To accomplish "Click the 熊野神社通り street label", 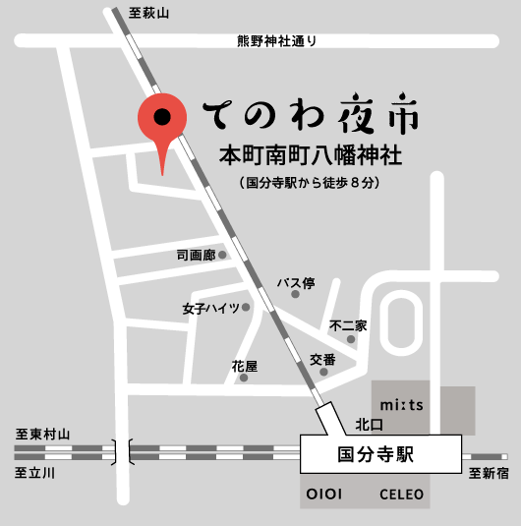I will click(277, 41).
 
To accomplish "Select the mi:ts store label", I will click(401, 404).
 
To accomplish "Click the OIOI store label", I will click(324, 494).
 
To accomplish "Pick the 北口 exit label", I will click(369, 425).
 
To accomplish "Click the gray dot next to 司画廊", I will click(223, 255).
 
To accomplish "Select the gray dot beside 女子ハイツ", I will click(247, 308).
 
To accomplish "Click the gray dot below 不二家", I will click(351, 339).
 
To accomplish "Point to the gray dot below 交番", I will click(325, 374).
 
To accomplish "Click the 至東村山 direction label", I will click(44, 434).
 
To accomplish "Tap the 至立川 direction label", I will click(37, 472).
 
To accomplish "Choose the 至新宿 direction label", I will click(487, 473).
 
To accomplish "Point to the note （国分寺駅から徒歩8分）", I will click(309, 183).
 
